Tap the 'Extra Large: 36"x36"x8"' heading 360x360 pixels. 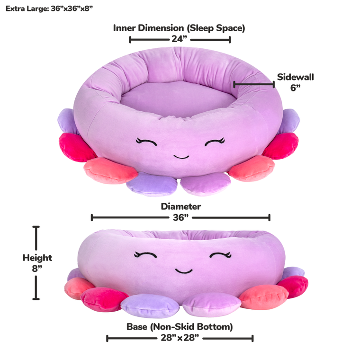[46, 9]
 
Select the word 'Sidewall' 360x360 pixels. [296, 77]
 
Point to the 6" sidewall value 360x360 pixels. [296, 88]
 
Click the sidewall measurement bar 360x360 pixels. [254, 84]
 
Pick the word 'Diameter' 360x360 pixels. [180, 207]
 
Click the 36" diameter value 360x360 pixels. [180, 217]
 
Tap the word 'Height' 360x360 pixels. [37, 258]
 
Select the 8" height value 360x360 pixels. [37, 269]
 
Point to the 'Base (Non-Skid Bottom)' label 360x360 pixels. [180, 327]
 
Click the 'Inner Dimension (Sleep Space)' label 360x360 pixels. [179, 28]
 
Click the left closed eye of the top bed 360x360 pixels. [145, 141]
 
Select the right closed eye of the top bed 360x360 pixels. [215, 141]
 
